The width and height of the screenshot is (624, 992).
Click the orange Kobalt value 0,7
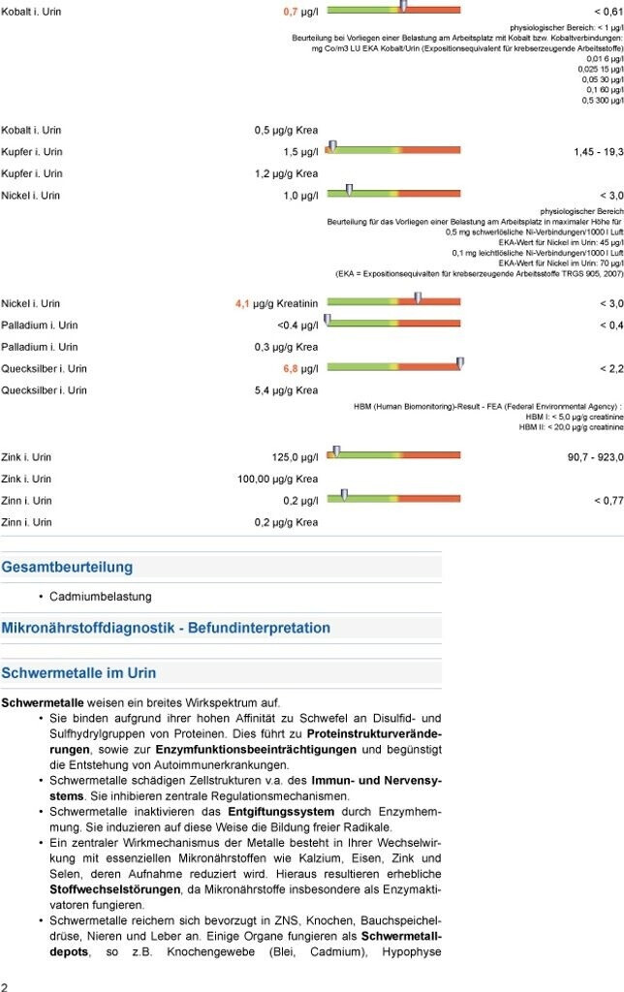[x=290, y=11]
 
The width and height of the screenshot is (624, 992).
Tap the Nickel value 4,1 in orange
[x=242, y=304]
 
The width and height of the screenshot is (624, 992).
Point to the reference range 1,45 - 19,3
[x=598, y=153]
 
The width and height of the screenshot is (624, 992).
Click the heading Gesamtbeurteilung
[x=67, y=568]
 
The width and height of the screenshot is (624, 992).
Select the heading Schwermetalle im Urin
[x=78, y=673]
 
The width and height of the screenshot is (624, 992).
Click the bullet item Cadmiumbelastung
[x=101, y=597]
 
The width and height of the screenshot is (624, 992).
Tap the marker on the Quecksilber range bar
[x=460, y=363]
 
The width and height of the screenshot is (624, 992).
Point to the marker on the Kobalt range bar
[x=403, y=6]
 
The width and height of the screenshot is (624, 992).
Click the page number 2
[x=5, y=985]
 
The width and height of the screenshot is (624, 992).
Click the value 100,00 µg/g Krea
[x=277, y=480]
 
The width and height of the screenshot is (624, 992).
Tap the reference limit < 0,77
[x=608, y=501]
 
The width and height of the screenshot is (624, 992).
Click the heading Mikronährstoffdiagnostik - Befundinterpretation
[x=166, y=629]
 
